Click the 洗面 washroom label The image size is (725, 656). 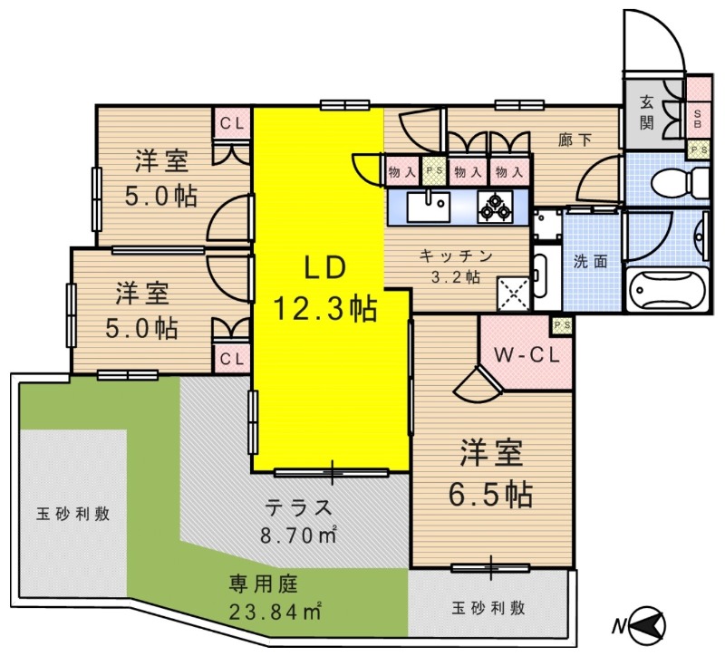click(590, 261)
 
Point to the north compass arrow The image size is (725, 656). click(646, 624)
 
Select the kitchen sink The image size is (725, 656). click(427, 205)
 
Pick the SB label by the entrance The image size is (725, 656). click(698, 115)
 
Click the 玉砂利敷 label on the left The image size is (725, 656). click(73, 514)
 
